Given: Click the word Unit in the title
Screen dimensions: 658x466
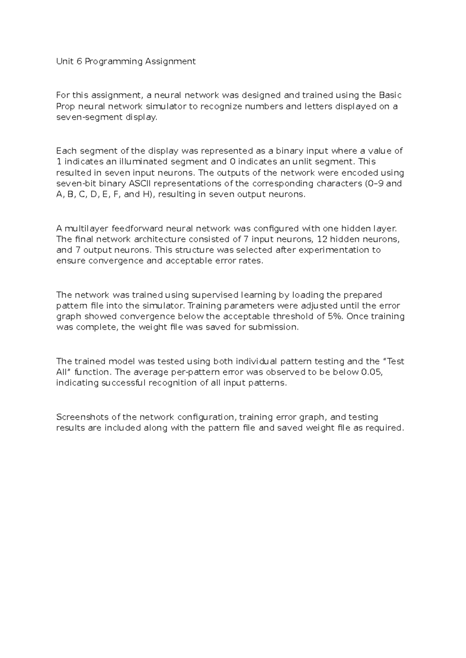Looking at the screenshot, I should (x=64, y=61).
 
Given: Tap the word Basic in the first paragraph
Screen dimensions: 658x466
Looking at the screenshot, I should (x=390, y=95).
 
